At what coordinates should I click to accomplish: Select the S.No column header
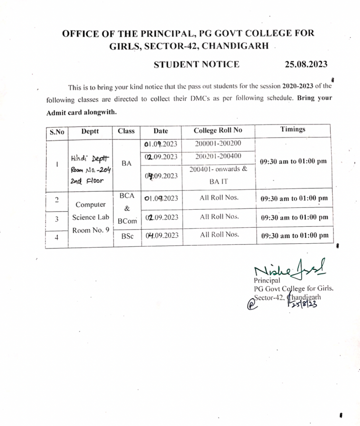tap(57, 132)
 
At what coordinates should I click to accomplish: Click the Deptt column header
tap(90, 131)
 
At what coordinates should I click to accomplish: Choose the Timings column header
tap(293, 129)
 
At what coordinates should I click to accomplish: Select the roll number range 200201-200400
tap(218, 156)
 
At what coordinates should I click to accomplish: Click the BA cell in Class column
tap(126, 163)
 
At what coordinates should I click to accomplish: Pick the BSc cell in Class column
tap(126, 236)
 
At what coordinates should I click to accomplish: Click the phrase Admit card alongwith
tap(80, 113)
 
